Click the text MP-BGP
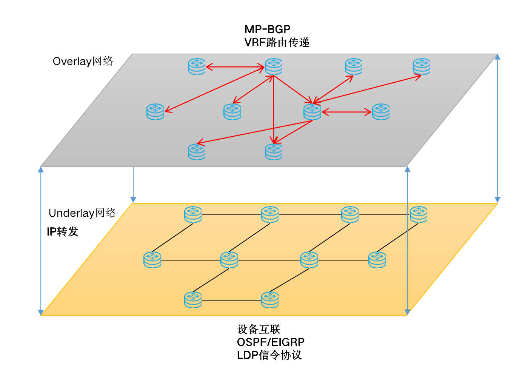point(267,29)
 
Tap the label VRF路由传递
point(277,42)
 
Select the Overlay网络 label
point(83,61)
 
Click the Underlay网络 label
point(82,213)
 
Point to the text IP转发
point(62,231)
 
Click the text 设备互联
point(259,329)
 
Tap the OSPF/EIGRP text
point(271,342)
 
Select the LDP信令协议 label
point(269,355)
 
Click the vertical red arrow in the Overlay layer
point(274,109)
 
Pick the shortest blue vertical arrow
point(133,184)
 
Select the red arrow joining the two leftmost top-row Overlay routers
point(235,67)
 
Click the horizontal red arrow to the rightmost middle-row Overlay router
point(346,112)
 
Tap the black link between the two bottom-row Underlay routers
point(232,300)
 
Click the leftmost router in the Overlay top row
point(197,66)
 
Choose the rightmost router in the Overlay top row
point(422,66)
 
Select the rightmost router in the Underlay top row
point(419,214)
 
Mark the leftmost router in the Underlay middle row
point(152,260)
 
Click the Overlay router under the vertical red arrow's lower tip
point(274,151)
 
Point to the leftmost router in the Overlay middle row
point(155,112)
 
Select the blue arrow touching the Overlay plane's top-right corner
point(497,128)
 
